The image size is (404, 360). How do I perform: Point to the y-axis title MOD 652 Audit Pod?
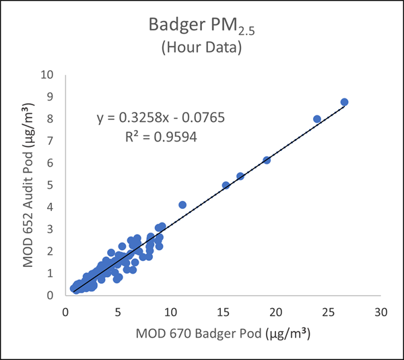click(29, 184)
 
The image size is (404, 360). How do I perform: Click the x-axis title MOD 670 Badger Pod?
click(224, 333)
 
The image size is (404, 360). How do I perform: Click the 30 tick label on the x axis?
click(381, 313)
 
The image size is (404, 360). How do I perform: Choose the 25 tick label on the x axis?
click(329, 313)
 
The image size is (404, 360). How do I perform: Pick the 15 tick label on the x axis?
click(224, 313)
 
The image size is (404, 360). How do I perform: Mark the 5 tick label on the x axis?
click(118, 313)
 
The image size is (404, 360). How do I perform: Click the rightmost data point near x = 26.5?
click(344, 102)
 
